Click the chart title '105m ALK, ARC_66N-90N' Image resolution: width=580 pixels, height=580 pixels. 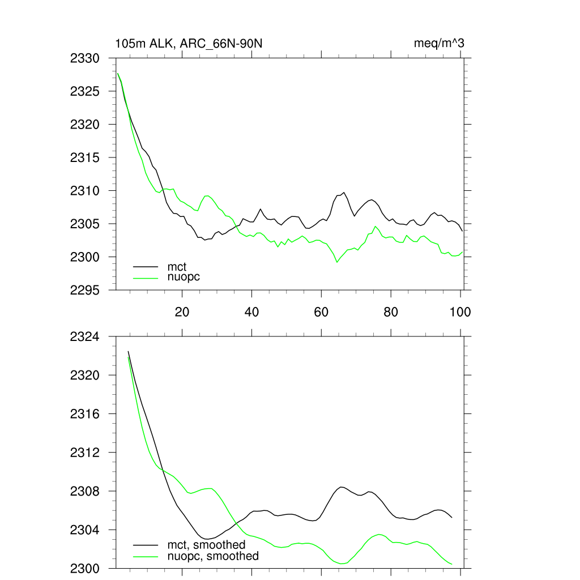189,44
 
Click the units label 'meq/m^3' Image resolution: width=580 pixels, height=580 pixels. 440,44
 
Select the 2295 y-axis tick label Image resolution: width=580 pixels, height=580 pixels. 85,290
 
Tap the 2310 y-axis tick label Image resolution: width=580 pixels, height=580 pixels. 85,190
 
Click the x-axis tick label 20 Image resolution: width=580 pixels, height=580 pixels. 182,312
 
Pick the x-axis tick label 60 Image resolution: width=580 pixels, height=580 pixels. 321,312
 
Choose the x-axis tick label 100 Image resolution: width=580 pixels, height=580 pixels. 460,312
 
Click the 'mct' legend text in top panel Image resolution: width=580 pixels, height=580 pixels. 177,266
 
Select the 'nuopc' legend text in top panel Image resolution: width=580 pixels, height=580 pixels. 184,277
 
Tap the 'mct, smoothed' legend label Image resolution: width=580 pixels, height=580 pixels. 206,545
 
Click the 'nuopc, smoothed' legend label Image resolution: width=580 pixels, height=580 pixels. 213,556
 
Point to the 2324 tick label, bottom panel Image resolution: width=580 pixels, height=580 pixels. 85,337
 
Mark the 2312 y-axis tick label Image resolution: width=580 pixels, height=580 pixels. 85,453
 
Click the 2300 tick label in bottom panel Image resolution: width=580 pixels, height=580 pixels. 85,568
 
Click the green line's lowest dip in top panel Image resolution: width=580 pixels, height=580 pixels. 337,262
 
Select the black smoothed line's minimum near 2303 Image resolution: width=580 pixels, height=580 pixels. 207,539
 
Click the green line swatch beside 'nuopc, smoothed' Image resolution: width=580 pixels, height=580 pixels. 146,556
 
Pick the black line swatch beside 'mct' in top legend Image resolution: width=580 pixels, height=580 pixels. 146,266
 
